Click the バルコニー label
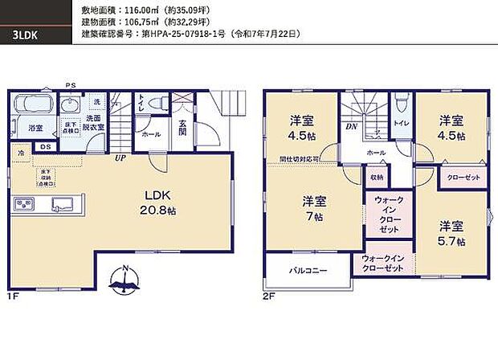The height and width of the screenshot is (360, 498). click(308, 271)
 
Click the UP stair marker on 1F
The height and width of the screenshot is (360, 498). click(119, 157)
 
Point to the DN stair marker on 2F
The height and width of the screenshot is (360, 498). click(351, 126)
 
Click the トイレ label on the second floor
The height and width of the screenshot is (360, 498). click(399, 123)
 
